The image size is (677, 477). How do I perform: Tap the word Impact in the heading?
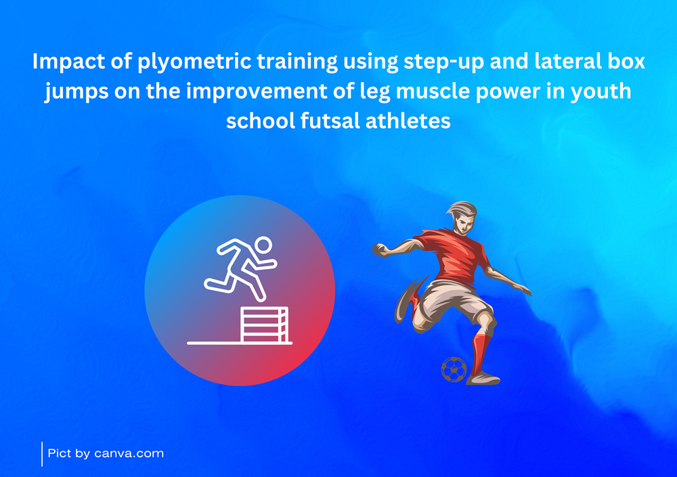point(68,62)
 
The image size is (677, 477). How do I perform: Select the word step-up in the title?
point(444,62)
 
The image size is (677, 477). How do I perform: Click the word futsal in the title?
point(330,121)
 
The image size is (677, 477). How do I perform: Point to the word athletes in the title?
point(408,121)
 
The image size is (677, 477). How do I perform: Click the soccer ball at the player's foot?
point(454,369)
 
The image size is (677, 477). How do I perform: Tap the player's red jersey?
point(456,257)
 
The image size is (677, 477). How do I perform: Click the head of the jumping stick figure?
point(263,245)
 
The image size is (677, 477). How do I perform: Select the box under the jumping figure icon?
point(264,325)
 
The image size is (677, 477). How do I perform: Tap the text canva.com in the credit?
point(129,453)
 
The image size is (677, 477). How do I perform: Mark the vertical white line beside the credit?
point(42,454)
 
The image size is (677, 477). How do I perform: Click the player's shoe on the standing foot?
point(483,379)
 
